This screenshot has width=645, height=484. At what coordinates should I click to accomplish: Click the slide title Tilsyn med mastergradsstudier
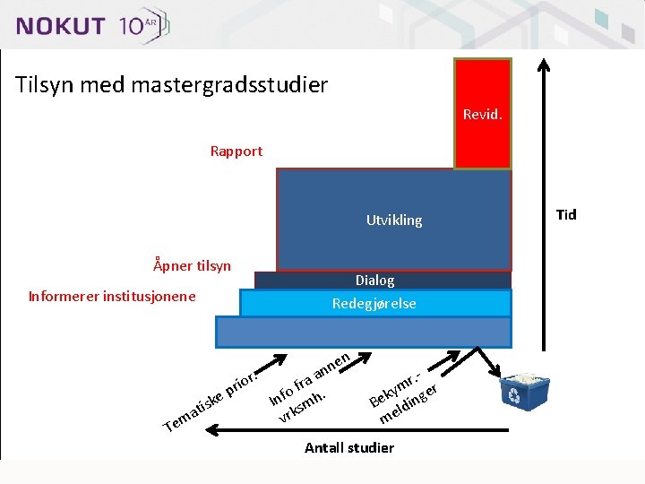(x=171, y=85)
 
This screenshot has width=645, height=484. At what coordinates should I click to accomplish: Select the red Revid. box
(x=482, y=114)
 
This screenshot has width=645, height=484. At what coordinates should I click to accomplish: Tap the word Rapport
(x=236, y=151)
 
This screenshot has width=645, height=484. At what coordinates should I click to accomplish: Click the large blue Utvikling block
(x=394, y=220)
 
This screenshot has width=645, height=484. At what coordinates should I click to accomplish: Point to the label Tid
(x=566, y=214)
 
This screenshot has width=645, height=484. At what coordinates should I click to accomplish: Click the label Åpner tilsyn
(x=192, y=265)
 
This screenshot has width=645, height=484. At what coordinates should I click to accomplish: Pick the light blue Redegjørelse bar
(x=374, y=303)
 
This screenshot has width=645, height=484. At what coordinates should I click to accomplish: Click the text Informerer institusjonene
(x=112, y=296)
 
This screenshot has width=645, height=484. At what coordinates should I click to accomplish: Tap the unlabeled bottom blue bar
(x=363, y=332)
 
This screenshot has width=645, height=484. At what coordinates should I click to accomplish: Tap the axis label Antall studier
(x=348, y=447)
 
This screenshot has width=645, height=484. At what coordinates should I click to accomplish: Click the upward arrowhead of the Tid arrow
(x=541, y=65)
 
